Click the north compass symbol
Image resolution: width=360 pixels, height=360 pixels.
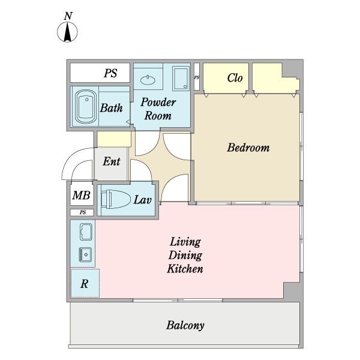tap(67, 32)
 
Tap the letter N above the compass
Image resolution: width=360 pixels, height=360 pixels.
tap(68, 16)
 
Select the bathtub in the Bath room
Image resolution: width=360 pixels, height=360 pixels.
tap(86, 107)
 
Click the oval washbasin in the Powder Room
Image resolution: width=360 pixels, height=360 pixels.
tap(148, 80)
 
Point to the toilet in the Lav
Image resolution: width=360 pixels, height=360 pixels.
tap(115, 199)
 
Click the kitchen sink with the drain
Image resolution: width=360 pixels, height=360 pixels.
tap(85, 254)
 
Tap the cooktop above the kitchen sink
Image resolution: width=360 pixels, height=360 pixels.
tap(86, 232)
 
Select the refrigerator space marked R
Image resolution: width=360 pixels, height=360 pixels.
tap(85, 283)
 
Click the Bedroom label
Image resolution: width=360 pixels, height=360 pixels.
tap(248, 148)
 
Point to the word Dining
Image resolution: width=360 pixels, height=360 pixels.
tap(185, 256)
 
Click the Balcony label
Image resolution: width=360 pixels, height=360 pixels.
tap(185, 325)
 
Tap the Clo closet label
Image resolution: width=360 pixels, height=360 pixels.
tap(235, 77)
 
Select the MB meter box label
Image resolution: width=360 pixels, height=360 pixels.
tap(81, 196)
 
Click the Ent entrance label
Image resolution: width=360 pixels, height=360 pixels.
tap(112, 161)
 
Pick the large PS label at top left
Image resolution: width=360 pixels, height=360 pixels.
tap(110, 73)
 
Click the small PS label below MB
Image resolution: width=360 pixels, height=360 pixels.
tap(83, 212)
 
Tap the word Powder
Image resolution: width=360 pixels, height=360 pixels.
tap(158, 103)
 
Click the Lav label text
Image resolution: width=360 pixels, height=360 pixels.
tap(143, 200)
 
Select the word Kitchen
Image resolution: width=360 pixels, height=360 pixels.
tap(185, 269)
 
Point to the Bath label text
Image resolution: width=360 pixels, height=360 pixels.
tap(112, 108)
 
